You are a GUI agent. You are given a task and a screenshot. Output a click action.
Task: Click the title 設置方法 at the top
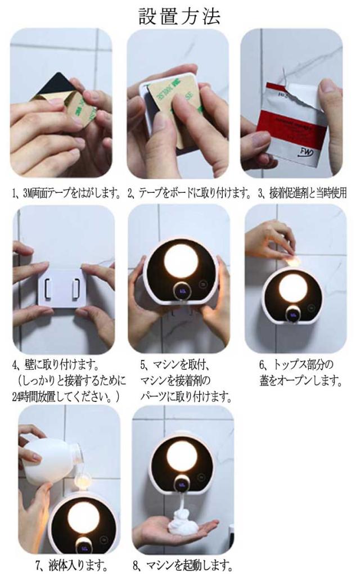pyautogui.click(x=179, y=16)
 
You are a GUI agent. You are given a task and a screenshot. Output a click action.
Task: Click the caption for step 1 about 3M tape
pyautogui.click(x=67, y=192)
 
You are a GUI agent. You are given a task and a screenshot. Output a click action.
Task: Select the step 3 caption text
pyautogui.click(x=303, y=192)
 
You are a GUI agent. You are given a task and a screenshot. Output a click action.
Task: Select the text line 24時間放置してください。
pyautogui.click(x=66, y=397)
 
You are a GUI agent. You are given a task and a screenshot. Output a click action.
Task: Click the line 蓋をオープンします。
pyautogui.click(x=301, y=381)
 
